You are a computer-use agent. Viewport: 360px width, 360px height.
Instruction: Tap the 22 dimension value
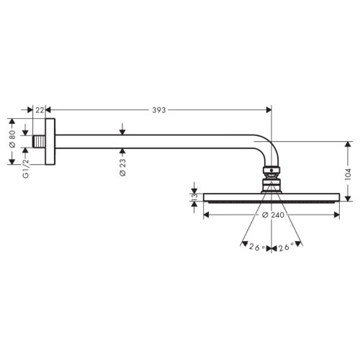click(x=40, y=110)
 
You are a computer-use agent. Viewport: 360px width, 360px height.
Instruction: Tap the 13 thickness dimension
click(x=194, y=197)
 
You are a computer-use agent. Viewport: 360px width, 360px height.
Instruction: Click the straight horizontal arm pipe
click(x=158, y=141)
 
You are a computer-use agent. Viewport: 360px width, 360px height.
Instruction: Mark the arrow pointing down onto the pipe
click(x=123, y=130)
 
